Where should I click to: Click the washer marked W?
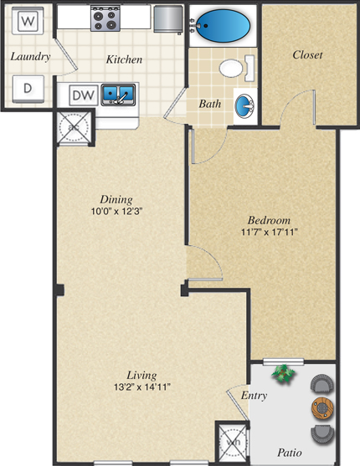pos(28,19)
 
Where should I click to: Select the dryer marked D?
pos(28,87)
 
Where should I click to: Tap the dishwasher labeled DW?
pos(82,95)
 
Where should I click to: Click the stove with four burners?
pos(106,17)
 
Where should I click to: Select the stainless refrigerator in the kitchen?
pos(167,18)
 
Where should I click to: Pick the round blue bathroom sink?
pos(243,106)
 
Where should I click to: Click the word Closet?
pos(307,55)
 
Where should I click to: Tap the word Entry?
pos(254,395)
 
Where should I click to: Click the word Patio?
pos(290,453)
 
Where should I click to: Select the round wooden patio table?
pos(321,408)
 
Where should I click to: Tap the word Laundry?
pos(30,57)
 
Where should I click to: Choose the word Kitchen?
pos(123,59)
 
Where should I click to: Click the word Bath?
pos(209,105)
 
